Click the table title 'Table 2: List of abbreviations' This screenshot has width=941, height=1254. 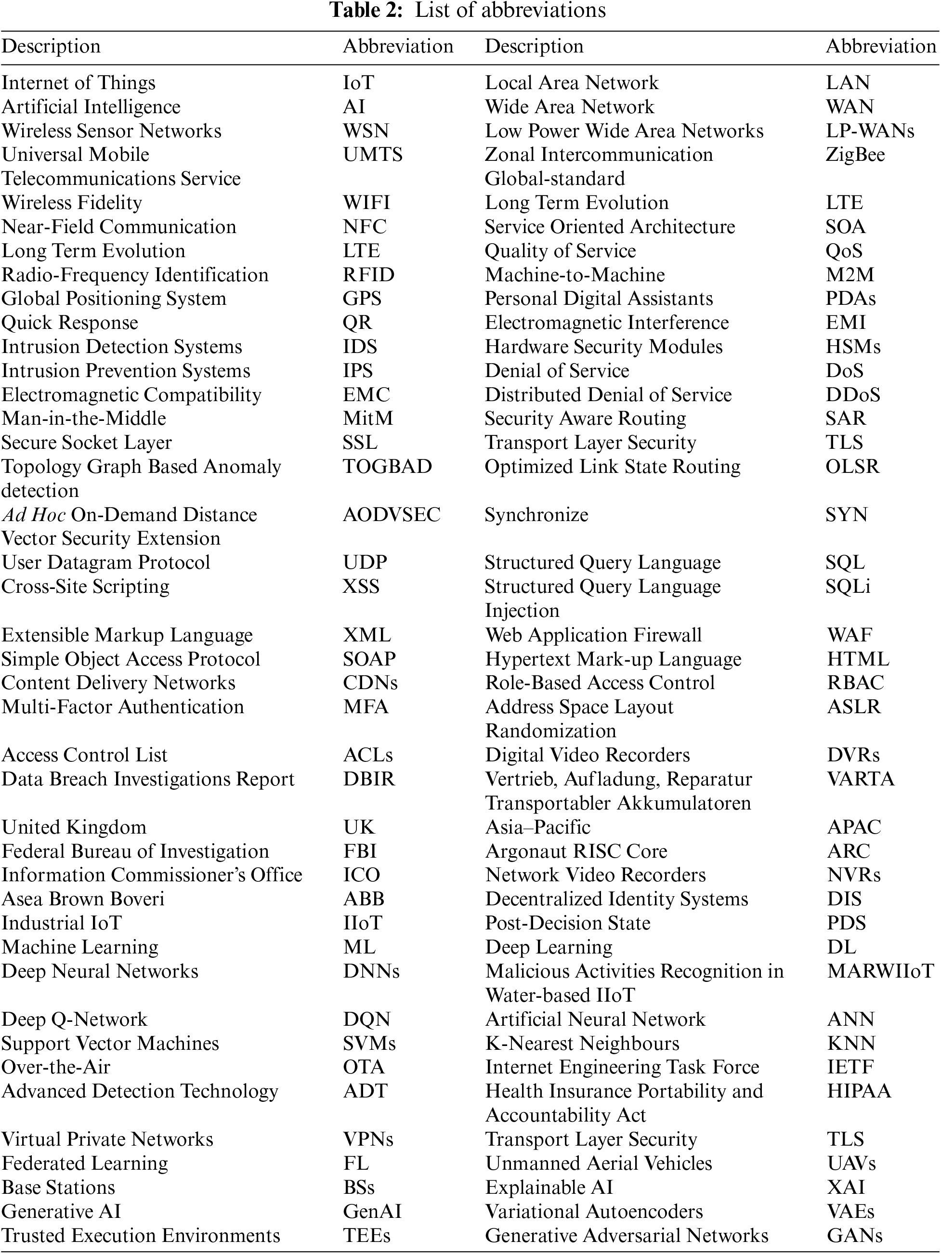click(468, 10)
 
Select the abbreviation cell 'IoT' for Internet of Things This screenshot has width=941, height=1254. click(358, 83)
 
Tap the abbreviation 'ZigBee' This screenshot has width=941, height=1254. click(855, 155)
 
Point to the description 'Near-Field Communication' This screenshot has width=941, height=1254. click(118, 227)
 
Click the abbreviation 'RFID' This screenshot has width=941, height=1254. click(368, 275)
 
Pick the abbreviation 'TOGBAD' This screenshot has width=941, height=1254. click(387, 467)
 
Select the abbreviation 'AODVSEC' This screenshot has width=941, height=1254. click(392, 515)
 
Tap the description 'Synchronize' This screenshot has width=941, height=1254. click(536, 515)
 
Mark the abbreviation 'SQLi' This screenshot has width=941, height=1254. click(848, 587)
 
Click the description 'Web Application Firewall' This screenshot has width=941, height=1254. click(593, 635)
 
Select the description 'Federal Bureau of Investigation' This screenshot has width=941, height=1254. click(135, 851)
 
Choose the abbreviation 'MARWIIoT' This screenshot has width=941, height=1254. click(880, 971)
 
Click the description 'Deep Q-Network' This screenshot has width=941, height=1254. click(74, 1019)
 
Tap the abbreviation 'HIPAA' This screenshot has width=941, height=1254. click(859, 1091)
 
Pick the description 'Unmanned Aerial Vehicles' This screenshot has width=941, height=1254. click(599, 1163)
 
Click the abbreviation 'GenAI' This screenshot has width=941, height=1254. click(372, 1212)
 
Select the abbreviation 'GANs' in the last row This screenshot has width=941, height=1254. click(854, 1235)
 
